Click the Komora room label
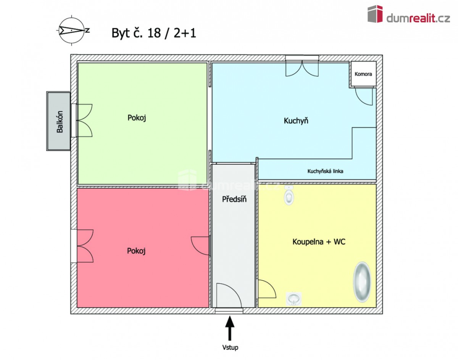point(363,74)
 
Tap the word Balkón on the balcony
point(60,122)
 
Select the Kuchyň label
point(296,121)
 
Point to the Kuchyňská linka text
point(325,171)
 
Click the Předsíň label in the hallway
point(234,199)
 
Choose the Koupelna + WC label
point(319,241)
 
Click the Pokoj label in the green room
point(137,117)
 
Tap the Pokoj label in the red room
point(136,251)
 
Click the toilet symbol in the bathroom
point(289,195)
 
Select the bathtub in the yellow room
point(362,281)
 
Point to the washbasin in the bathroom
point(294,299)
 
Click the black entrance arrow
point(230,328)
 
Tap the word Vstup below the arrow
point(230,348)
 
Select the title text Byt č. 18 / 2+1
point(154,33)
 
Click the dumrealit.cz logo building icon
point(375,14)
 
